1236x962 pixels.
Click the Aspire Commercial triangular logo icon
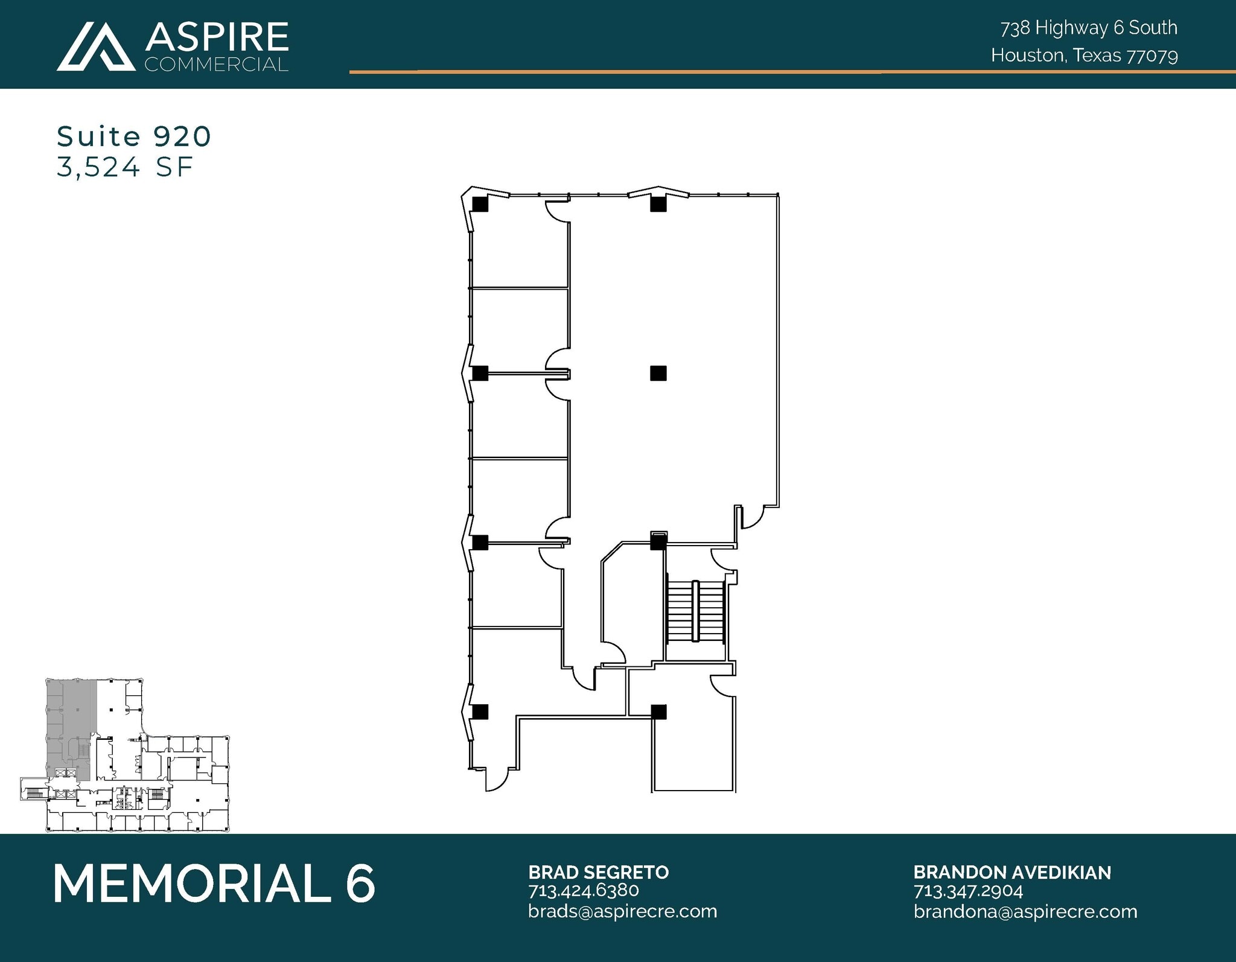point(95,47)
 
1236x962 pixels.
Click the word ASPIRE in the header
point(217,37)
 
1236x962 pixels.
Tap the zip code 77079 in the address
point(1152,56)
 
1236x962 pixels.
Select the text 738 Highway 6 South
point(1089,28)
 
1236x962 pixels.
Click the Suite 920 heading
point(134,136)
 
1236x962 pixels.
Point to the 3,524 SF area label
point(125,167)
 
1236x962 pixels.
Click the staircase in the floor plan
point(695,611)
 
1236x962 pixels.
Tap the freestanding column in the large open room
point(658,373)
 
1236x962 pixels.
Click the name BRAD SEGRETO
point(598,872)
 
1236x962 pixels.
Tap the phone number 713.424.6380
point(583,890)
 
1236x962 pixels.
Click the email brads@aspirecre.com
point(622,911)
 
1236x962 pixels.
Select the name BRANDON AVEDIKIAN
point(1011,872)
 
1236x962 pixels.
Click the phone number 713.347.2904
point(968,891)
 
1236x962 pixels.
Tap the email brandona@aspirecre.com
point(1025,911)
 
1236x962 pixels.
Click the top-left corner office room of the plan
point(519,247)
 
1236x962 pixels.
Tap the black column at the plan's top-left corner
point(480,205)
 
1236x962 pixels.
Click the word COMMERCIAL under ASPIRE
point(217,64)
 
